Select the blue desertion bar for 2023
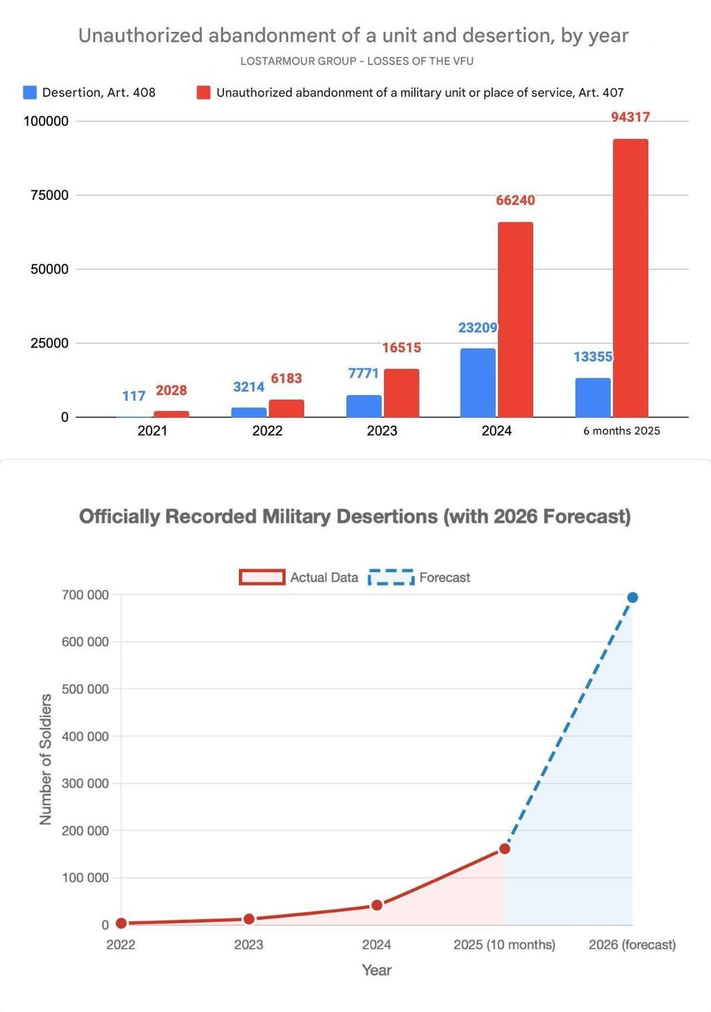(364, 406)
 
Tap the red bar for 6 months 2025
(630, 278)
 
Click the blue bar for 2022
(249, 412)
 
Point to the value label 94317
(630, 117)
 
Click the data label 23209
(478, 328)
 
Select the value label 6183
(286, 378)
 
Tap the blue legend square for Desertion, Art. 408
(30, 92)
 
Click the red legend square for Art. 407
(203, 92)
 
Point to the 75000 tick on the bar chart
(49, 195)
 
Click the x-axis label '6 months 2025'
(621, 431)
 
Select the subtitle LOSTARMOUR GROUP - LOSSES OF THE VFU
(357, 61)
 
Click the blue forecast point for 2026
(633, 598)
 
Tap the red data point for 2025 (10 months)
(505, 849)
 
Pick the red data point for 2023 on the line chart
(249, 919)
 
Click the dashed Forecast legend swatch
(391, 577)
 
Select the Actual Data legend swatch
(262, 577)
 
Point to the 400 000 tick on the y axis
(85, 736)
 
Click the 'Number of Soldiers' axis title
(46, 759)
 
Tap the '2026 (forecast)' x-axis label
(632, 945)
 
